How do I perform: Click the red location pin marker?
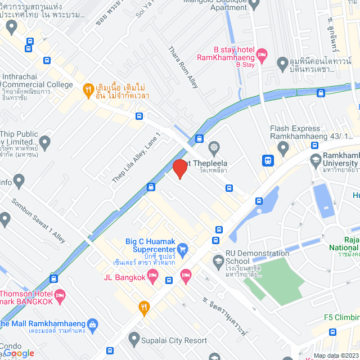179,168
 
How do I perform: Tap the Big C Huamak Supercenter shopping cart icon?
182,248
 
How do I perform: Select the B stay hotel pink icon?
262,55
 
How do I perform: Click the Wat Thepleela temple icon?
214,148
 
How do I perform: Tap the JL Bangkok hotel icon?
186,275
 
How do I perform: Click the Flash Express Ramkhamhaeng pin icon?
283,148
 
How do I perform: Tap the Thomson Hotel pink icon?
60,294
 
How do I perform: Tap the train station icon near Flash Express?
268,160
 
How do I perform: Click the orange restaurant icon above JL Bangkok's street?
144,307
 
